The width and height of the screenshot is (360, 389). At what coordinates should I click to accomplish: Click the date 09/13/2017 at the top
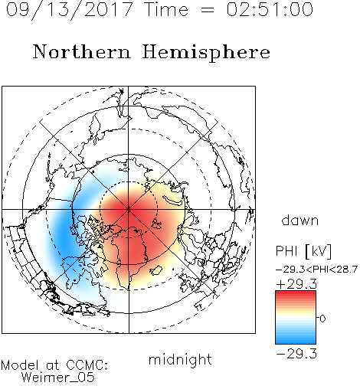pyautogui.click(x=69, y=10)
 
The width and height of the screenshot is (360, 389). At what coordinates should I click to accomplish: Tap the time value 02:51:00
pyautogui.click(x=270, y=9)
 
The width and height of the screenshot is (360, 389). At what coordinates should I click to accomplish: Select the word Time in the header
pyautogui.click(x=166, y=9)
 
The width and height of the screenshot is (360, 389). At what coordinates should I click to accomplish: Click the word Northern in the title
pyautogui.click(x=82, y=51)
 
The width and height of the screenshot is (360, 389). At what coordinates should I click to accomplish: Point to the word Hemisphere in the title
pyautogui.click(x=206, y=53)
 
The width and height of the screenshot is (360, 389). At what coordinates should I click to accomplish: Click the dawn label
pyautogui.click(x=299, y=220)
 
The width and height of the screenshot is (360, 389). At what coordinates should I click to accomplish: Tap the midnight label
pyautogui.click(x=180, y=359)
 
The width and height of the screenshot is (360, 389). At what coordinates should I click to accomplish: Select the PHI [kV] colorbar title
pyautogui.click(x=303, y=251)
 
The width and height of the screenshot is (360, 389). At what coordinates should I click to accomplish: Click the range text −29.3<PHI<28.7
pyautogui.click(x=316, y=270)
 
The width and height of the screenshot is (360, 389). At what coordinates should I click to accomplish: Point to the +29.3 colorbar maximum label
pyautogui.click(x=296, y=284)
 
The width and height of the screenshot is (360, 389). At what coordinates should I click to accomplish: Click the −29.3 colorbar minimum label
pyautogui.click(x=296, y=354)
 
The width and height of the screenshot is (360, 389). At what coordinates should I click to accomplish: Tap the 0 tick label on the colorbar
pyautogui.click(x=322, y=319)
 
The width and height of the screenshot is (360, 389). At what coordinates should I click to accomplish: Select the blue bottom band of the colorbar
pyautogui.click(x=296, y=339)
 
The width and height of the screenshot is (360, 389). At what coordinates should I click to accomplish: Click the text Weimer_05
pyautogui.click(x=58, y=378)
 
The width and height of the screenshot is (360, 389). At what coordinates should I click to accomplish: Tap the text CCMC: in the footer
pyautogui.click(x=87, y=365)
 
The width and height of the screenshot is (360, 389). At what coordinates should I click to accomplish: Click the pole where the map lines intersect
pyautogui.click(x=129, y=210)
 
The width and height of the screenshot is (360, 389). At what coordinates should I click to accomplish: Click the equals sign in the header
pyautogui.click(x=208, y=10)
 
